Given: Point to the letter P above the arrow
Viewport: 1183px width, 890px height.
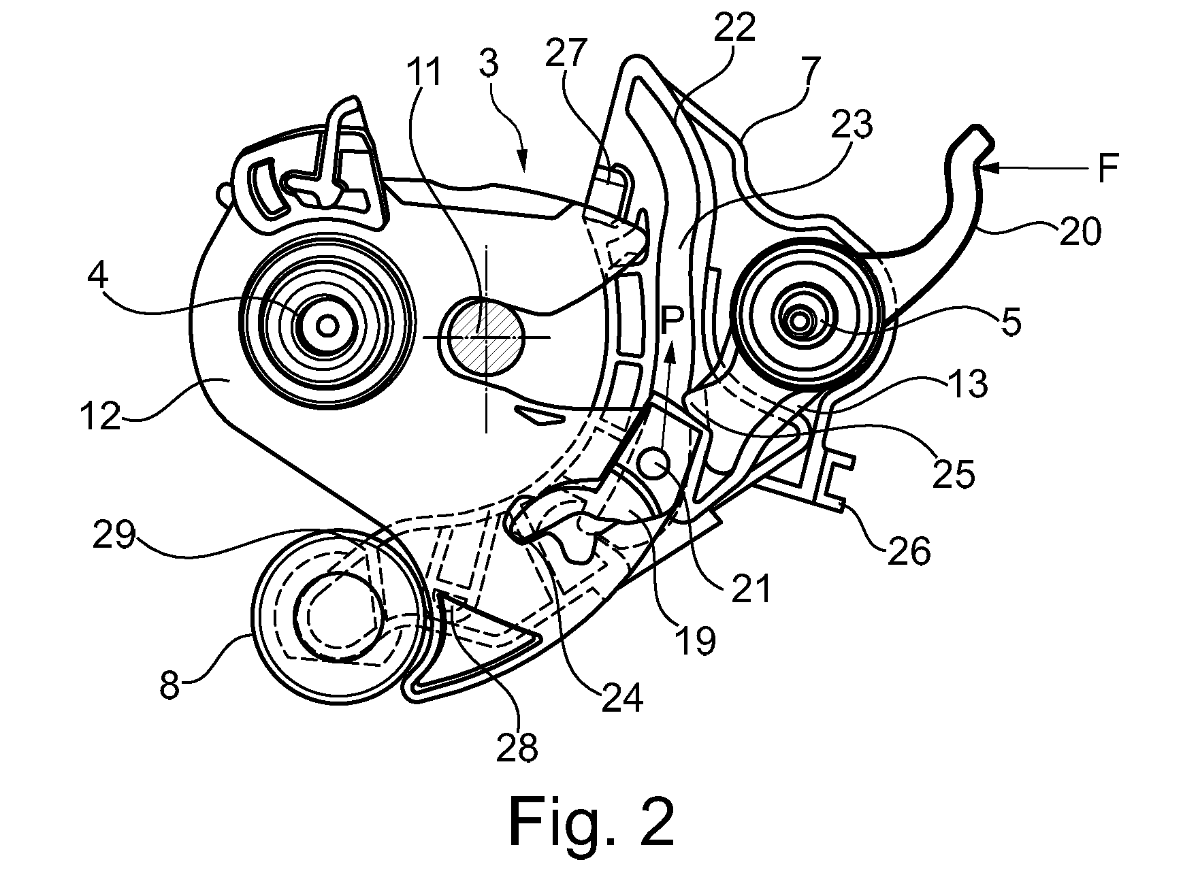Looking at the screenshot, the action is [672, 322].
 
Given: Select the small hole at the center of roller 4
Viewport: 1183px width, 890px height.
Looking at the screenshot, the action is [327, 326].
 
